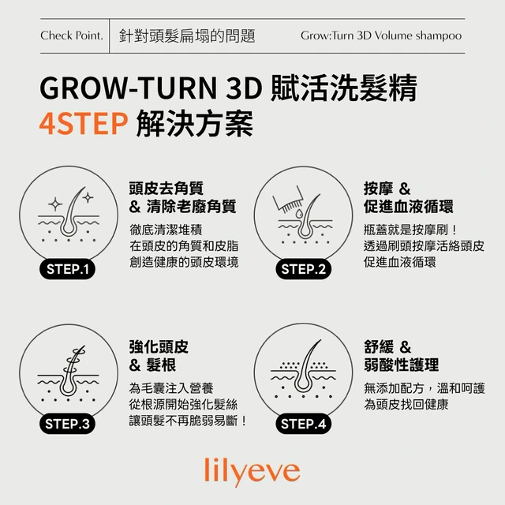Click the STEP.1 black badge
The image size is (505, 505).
[67, 269]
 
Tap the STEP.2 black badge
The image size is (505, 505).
[303, 269]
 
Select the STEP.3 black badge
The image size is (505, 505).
[67, 424]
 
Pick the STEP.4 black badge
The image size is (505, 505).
[303, 424]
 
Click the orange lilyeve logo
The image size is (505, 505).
[252, 472]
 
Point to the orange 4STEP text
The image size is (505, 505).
[84, 123]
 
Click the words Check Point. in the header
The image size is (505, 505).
[72, 36]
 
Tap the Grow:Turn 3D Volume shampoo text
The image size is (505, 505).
[381, 36]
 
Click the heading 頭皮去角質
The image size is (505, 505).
[166, 189]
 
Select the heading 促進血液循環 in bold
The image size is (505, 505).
[409, 207]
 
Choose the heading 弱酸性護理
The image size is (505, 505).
[402, 365]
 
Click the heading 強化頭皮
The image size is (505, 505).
[159, 347]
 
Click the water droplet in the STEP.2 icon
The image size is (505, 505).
[300, 213]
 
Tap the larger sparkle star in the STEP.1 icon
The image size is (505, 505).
[55, 204]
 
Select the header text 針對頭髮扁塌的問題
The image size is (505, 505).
[187, 36]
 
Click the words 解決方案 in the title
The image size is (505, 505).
[195, 123]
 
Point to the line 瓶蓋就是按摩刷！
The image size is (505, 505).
[410, 230]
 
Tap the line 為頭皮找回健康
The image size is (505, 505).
[406, 404]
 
